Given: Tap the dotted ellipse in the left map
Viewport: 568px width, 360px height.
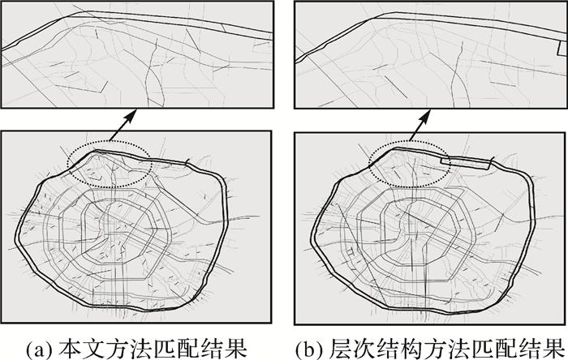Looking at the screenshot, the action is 109,164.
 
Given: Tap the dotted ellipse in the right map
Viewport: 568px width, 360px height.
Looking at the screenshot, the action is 407,164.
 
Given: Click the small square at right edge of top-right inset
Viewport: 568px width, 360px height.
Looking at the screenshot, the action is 557,51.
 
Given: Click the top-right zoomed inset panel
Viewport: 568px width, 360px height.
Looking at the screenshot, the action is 429,56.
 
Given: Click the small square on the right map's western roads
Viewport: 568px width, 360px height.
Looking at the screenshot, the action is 348,252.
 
